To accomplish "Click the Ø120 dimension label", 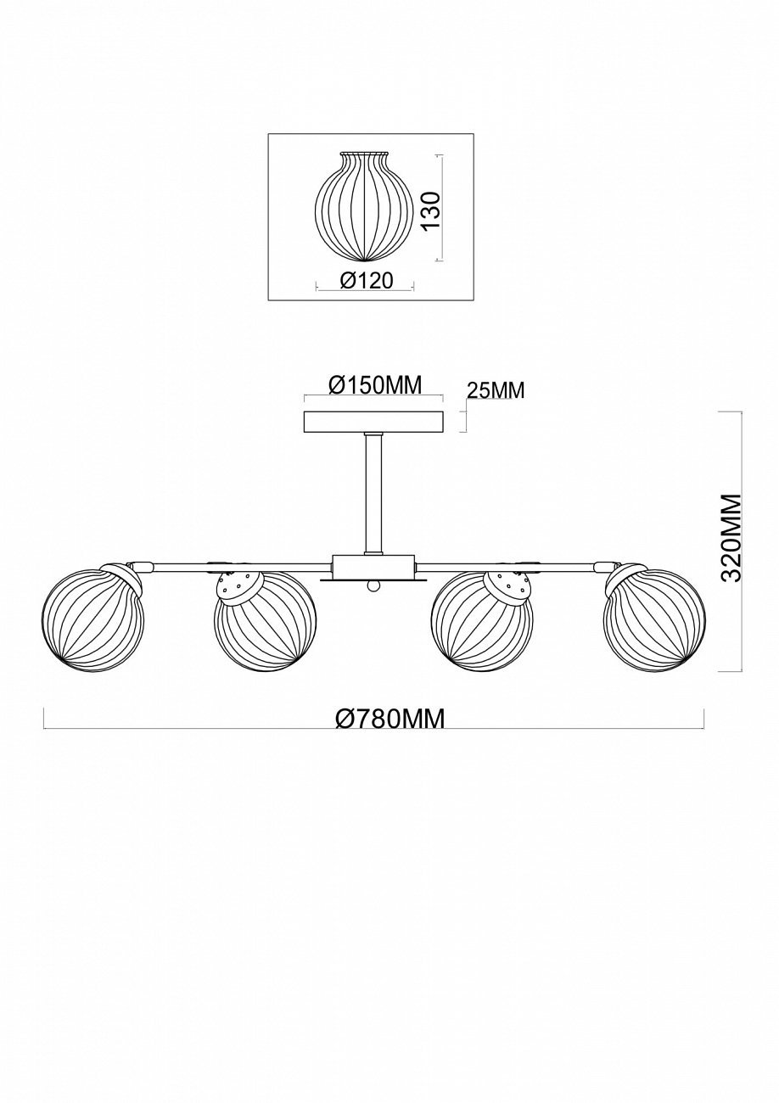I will (367, 280).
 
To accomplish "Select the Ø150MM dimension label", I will (374, 385).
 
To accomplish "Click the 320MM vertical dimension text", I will (730, 537).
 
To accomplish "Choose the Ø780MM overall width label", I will (389, 719).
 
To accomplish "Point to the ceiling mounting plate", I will (373, 422).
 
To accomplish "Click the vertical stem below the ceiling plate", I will (373, 492).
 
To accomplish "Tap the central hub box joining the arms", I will (373, 566).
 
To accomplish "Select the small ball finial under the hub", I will (373, 587).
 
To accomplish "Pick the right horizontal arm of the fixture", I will (509, 563).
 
